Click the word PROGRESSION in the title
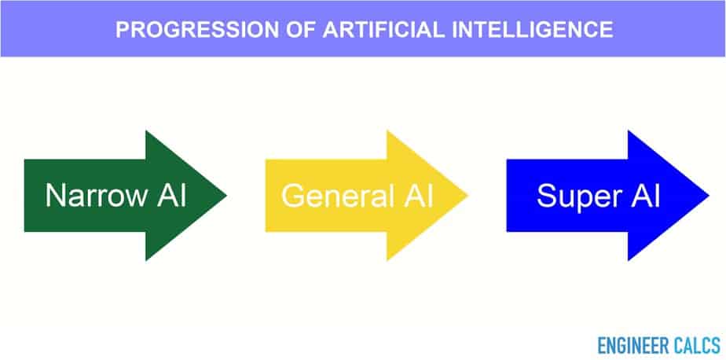[x=197, y=30]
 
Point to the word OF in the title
[x=301, y=30]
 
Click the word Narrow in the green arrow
[x=96, y=195]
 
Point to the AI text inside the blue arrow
[x=644, y=195]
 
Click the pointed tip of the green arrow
[x=226, y=196]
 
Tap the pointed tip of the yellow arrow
[x=467, y=196]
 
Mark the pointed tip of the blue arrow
[x=709, y=196]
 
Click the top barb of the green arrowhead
[x=146, y=131]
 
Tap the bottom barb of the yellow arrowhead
[x=387, y=259]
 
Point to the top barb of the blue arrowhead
[x=629, y=131]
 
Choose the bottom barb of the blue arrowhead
[x=629, y=259]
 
